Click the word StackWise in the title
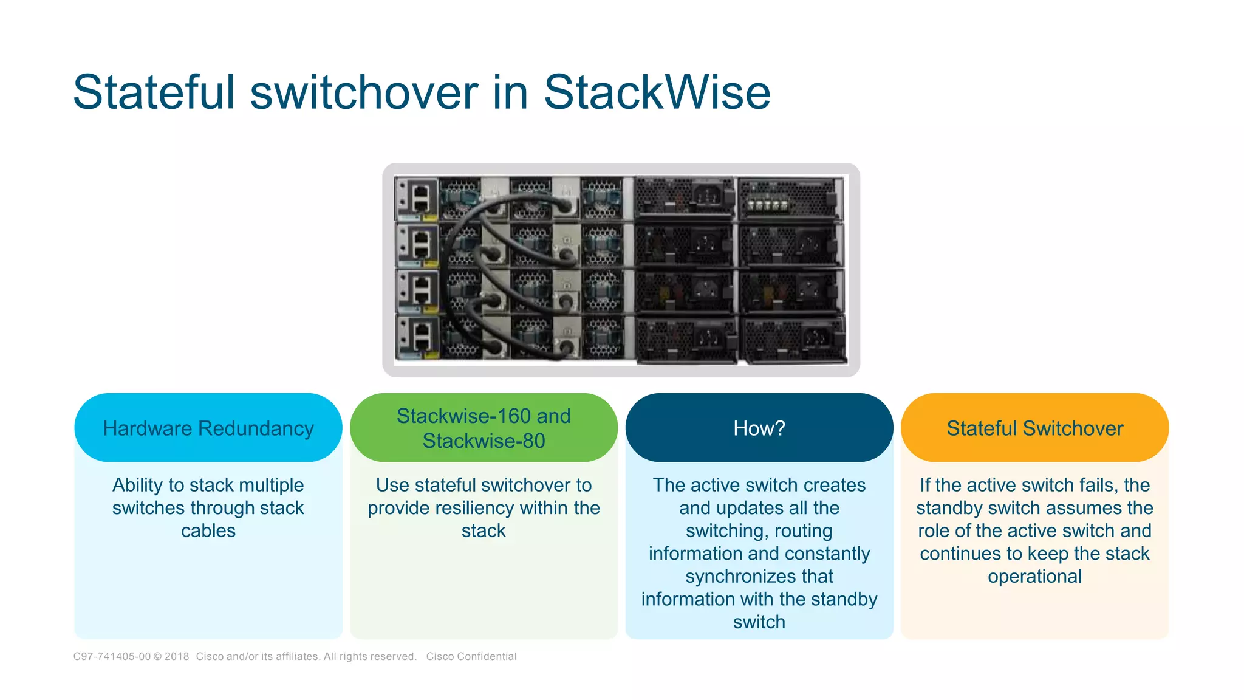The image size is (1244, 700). (657, 92)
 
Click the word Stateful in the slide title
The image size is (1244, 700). (154, 92)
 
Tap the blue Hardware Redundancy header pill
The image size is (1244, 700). (208, 428)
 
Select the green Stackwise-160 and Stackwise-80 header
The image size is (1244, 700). (484, 428)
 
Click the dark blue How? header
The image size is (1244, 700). (759, 428)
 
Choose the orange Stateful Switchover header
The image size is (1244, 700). (1034, 428)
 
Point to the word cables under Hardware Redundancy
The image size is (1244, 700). (208, 530)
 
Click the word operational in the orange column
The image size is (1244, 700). (1034, 576)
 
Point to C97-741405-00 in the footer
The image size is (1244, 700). (112, 656)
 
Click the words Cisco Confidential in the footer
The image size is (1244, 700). (471, 656)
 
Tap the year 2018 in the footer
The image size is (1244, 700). (177, 656)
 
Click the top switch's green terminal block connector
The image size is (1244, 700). (767, 205)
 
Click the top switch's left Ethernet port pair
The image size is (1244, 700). (420, 198)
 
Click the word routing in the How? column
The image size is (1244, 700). (803, 530)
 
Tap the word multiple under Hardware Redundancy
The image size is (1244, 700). (271, 485)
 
